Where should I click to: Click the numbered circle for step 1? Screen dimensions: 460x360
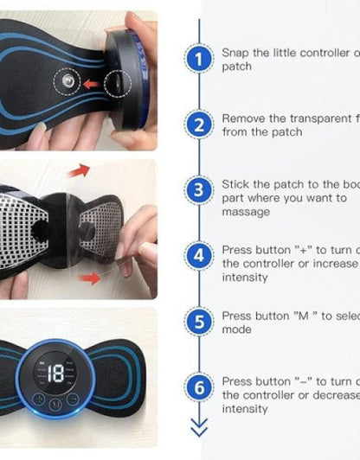coord(200,60)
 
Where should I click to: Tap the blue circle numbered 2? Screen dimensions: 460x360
coord(200,125)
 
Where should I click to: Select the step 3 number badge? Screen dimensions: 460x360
coord(200,190)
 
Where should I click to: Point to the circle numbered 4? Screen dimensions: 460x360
coord(200,256)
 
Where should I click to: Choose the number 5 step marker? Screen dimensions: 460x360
coord(200,322)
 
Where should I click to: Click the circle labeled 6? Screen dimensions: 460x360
coord(200,387)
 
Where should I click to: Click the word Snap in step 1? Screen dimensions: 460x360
coord(236,53)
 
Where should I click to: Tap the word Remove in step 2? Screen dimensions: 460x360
coord(243,118)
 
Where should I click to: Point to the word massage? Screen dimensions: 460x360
coord(246,212)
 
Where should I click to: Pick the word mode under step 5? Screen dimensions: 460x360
coord(236,329)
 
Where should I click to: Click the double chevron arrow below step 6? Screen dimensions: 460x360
coord(200,428)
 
